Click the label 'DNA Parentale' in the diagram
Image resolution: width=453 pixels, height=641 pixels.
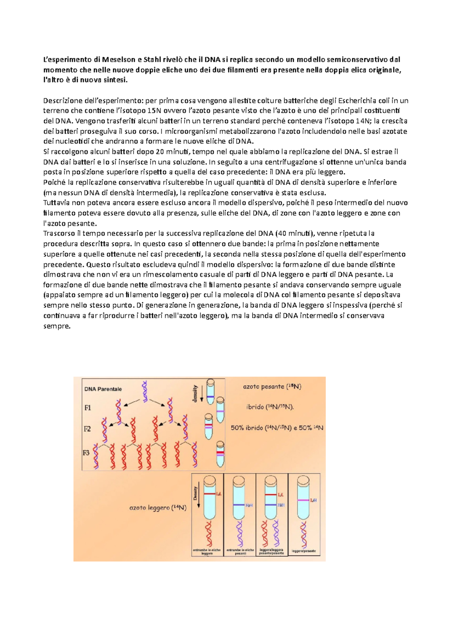(x=103, y=389)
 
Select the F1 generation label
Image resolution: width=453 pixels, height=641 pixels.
(x=88, y=408)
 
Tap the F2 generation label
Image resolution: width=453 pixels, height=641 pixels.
(x=87, y=429)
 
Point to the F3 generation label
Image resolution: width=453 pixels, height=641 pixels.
(x=86, y=453)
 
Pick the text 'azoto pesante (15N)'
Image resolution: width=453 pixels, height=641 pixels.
(x=272, y=387)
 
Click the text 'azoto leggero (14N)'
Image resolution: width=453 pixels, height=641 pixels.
(x=158, y=508)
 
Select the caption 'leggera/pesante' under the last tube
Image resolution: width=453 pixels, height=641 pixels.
(x=304, y=552)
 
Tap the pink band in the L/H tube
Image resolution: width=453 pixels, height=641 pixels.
(x=304, y=500)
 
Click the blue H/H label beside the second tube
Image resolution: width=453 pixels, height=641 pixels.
(x=249, y=505)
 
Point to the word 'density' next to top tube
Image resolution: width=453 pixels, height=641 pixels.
(x=195, y=393)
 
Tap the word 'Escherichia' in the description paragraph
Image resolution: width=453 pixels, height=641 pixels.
(x=357, y=100)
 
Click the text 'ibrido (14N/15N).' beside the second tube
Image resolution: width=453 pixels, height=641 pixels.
(x=270, y=407)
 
